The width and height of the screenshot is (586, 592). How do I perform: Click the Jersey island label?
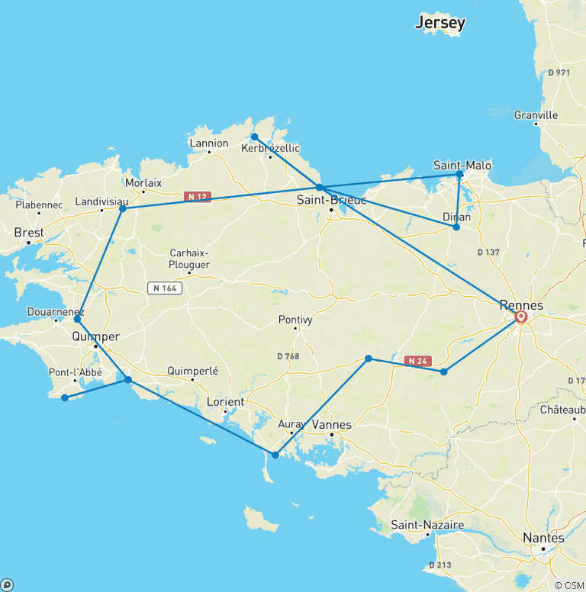(439, 23)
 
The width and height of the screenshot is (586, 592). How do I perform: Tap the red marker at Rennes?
(521, 316)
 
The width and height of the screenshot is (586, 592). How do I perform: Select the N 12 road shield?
(196, 197)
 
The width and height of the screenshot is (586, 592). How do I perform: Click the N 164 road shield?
(164, 288)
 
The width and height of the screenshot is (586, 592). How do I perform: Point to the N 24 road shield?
(415, 360)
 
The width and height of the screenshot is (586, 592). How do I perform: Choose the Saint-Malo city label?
(462, 165)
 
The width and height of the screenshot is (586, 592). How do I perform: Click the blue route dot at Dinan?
(456, 227)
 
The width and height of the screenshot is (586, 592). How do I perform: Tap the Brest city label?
(29, 233)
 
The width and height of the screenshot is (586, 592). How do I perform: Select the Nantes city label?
(543, 538)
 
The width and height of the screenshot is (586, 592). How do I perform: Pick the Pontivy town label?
(295, 320)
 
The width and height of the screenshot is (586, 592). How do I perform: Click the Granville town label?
(536, 115)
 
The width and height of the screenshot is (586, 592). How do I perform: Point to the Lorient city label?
(226, 401)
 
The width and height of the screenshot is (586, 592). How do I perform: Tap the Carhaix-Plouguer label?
(189, 258)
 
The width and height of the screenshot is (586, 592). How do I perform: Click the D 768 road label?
(288, 356)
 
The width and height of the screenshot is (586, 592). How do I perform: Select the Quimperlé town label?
(193, 371)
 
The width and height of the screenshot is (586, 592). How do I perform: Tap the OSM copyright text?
(568, 585)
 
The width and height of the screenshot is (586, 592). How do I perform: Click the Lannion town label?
(209, 143)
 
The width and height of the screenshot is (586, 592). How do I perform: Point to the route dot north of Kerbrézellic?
(255, 137)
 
